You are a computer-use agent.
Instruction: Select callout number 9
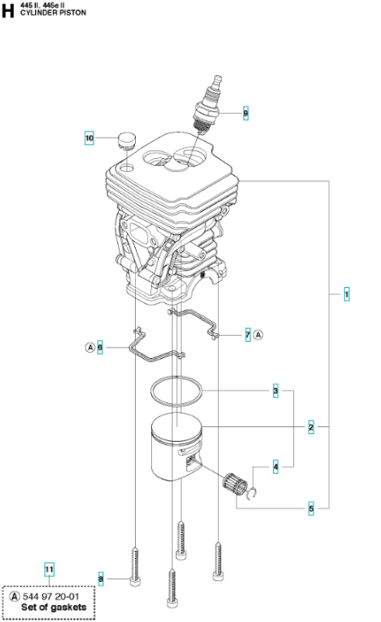245,114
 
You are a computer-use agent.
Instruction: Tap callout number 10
89,137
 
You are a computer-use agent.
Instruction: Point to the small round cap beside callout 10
128,138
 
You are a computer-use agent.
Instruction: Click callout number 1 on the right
346,295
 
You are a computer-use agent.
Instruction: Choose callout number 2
311,425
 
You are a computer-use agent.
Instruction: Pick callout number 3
276,392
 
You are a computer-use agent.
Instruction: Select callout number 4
276,467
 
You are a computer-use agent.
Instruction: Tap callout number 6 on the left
100,347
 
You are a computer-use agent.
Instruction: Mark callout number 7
247,336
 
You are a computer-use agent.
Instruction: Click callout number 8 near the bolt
100,579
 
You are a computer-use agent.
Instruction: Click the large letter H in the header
8,9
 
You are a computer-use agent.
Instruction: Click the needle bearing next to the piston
232,485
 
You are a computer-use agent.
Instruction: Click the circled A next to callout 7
259,336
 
